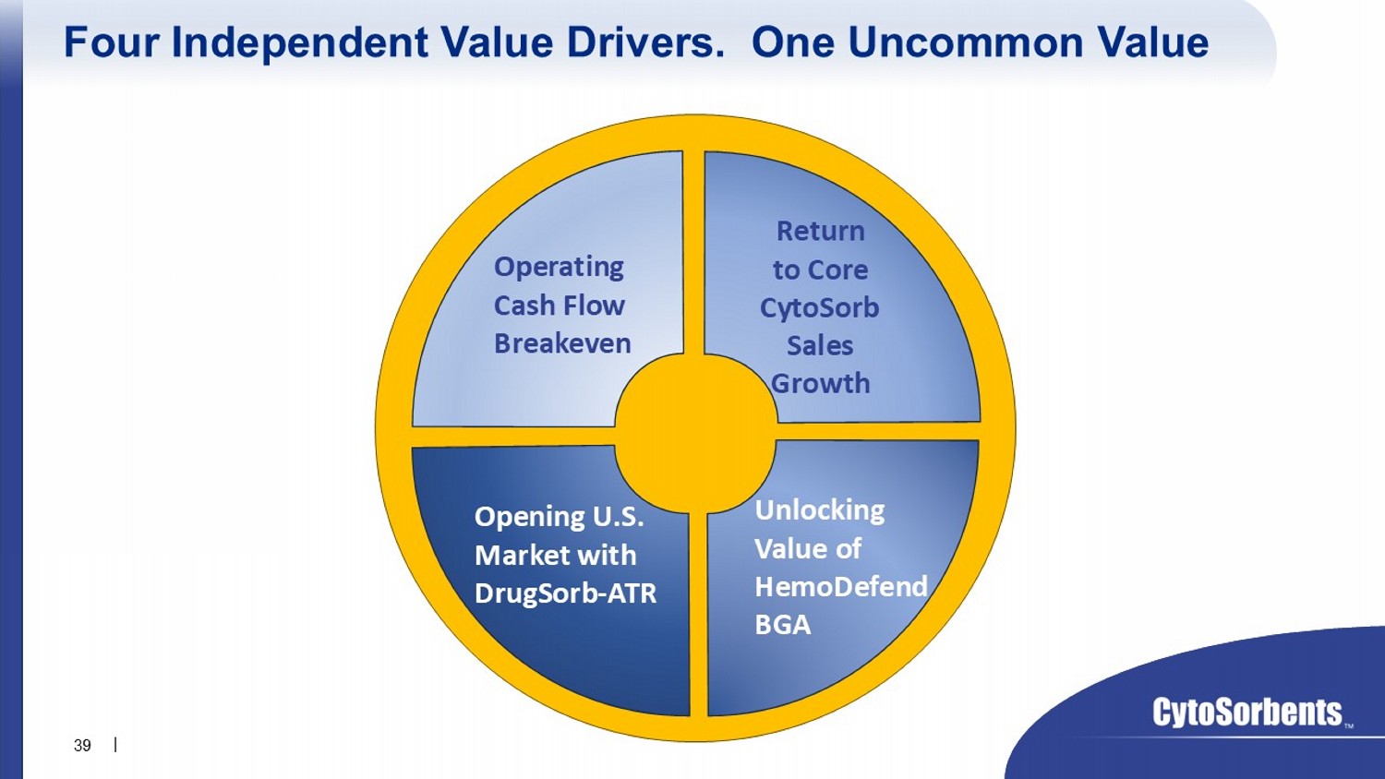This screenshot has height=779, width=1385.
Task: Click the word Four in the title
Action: (x=113, y=42)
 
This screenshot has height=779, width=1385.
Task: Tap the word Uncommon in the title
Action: (x=965, y=42)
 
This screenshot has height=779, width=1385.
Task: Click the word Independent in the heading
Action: (x=300, y=43)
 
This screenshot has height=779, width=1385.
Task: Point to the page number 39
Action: (x=82, y=746)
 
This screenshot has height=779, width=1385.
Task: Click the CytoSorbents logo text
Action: (x=1246, y=713)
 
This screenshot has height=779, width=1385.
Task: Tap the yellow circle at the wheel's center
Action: (x=695, y=434)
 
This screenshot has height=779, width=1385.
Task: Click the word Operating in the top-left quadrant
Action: (x=559, y=268)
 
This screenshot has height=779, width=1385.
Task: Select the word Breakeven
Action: (x=562, y=343)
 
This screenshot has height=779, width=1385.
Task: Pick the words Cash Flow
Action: (x=559, y=306)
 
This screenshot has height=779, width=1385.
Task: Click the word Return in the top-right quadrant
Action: (x=821, y=232)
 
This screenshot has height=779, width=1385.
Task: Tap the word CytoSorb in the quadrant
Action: (x=819, y=308)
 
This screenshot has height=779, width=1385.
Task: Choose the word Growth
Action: (x=821, y=383)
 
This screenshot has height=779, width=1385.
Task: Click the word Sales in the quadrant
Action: (x=820, y=346)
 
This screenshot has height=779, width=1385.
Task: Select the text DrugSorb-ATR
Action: (x=565, y=594)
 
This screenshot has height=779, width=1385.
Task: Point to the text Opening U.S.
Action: (x=559, y=518)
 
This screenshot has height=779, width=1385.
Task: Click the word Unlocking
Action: (x=820, y=511)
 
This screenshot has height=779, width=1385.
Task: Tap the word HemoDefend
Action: (x=841, y=587)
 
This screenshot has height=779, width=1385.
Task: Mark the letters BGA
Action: (x=783, y=625)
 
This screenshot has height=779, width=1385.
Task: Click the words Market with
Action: (x=555, y=556)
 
